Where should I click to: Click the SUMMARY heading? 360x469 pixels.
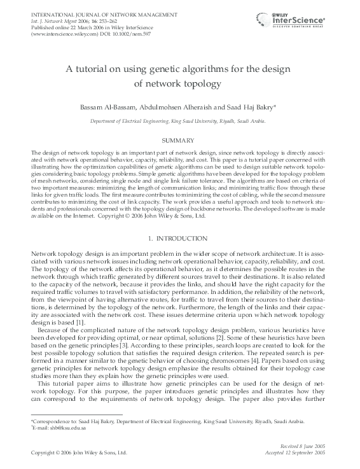pos(179,139)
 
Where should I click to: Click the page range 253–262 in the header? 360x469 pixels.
pos(97,19)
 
